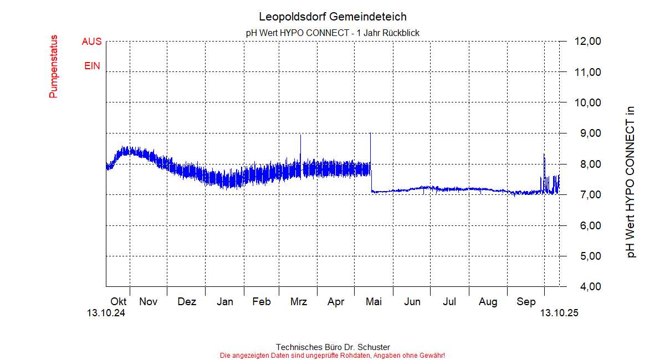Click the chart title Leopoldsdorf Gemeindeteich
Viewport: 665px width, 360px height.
(x=332, y=17)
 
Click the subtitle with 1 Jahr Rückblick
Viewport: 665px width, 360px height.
(x=332, y=33)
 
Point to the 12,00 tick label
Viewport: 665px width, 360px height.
(x=588, y=42)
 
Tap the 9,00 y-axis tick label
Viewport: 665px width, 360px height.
(x=588, y=133)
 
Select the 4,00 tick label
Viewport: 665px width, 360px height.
(x=588, y=287)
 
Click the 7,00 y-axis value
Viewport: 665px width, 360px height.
(x=588, y=195)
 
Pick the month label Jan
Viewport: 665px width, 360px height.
(x=224, y=302)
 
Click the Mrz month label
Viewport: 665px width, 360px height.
(x=298, y=302)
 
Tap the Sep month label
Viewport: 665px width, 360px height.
(x=526, y=302)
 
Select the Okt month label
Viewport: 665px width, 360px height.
(x=118, y=302)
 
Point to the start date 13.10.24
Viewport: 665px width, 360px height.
(x=106, y=313)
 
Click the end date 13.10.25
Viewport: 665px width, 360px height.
(x=559, y=313)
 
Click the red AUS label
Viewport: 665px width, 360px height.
(x=91, y=42)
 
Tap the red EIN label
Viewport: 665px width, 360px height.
(x=92, y=66)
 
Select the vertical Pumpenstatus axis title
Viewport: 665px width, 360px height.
(x=54, y=66)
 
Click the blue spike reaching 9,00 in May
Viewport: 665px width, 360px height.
(x=370, y=144)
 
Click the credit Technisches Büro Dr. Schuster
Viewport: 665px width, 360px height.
(x=332, y=347)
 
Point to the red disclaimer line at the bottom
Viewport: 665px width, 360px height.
(x=332, y=355)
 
